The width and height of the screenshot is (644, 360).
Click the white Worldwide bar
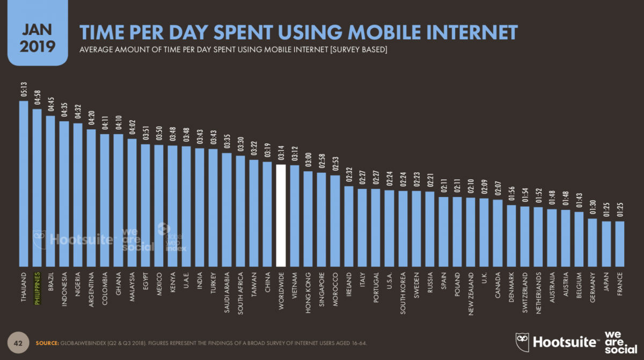pyautogui.click(x=281, y=215)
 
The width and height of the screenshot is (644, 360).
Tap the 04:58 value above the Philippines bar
pyautogui.click(x=37, y=99)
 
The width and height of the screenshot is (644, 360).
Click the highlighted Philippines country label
pyautogui.click(x=37, y=289)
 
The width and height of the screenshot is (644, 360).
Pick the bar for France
pyautogui.click(x=620, y=244)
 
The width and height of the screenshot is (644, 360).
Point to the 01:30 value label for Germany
pyautogui.click(x=592, y=209)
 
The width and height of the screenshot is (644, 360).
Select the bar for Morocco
pyautogui.click(x=335, y=221)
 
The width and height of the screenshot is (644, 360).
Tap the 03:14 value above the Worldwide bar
pyautogui.click(x=281, y=155)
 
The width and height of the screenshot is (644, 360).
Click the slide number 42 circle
pyautogui.click(x=18, y=342)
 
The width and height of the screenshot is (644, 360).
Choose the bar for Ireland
pyautogui.click(x=348, y=226)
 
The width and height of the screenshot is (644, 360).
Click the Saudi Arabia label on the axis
pyautogui.click(x=226, y=292)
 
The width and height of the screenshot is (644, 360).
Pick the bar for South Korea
pyautogui.click(x=402, y=228)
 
